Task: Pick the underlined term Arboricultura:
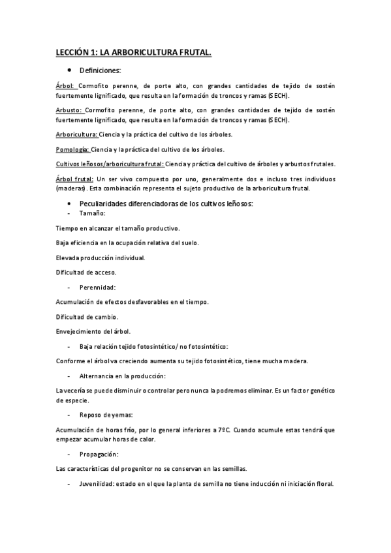76,135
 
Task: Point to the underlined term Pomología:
72,149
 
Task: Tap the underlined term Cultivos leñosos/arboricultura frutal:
110,164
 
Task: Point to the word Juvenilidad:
99,484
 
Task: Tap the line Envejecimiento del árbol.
93,331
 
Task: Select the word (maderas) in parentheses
74,188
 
